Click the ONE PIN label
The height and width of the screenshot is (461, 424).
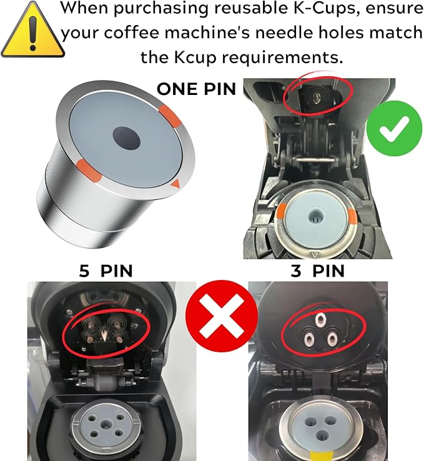click(x=196, y=89)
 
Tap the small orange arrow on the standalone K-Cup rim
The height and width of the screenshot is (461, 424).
click(x=175, y=184)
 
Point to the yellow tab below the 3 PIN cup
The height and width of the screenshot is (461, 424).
click(x=328, y=456)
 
